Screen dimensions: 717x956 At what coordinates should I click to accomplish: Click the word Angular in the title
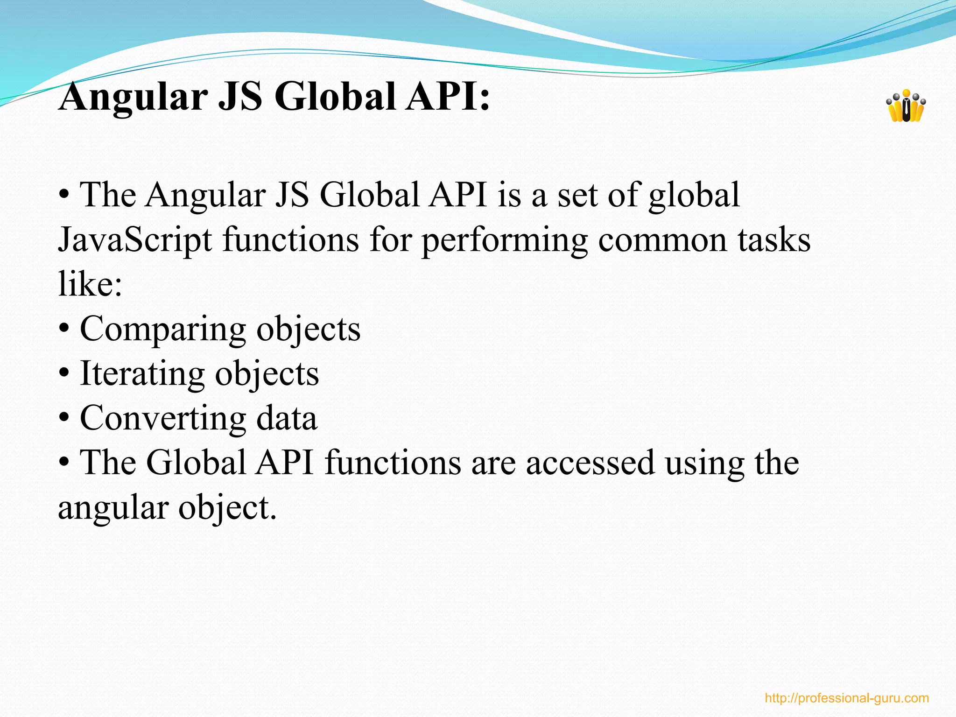coord(134,97)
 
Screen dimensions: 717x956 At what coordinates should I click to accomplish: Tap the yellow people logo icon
coord(906,106)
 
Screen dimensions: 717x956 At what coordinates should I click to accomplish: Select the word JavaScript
coord(135,240)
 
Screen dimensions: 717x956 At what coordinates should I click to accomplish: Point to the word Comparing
coord(163,330)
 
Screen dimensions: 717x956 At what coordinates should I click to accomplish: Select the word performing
coord(505,241)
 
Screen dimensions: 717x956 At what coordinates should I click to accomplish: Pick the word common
coord(662,240)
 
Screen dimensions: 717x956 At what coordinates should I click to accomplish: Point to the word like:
coord(90,283)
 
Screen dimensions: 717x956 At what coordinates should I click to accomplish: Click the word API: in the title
coord(448,97)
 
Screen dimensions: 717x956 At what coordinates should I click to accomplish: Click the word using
coord(704,464)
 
